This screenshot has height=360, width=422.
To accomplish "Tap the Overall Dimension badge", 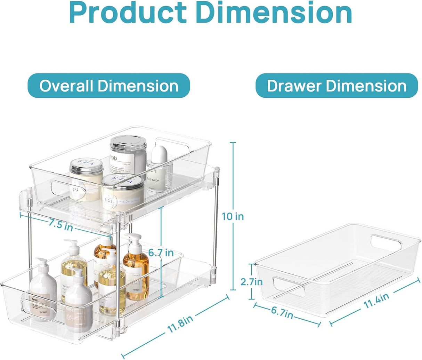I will pyautogui.click(x=109, y=86).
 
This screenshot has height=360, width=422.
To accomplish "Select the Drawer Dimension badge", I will pyautogui.click(x=336, y=86).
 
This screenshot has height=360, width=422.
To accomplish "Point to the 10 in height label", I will pyautogui.click(x=233, y=216).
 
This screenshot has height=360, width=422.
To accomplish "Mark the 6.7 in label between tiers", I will pyautogui.click(x=161, y=253).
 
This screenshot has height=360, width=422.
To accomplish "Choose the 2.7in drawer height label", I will pyautogui.click(x=251, y=281).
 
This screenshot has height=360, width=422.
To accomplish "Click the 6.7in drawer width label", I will pyautogui.click(x=282, y=312).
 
